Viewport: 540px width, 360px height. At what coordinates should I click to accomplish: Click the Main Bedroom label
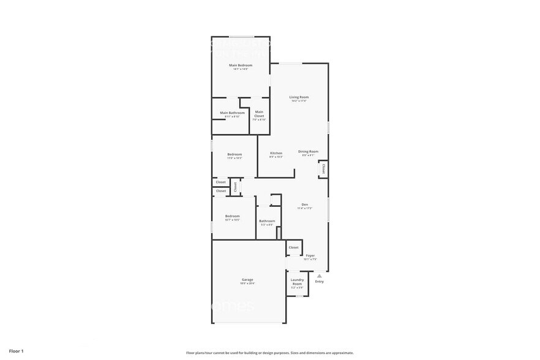[241, 65]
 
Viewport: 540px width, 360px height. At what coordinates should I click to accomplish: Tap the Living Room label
[299, 97]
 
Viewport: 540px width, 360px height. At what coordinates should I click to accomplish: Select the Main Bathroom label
[232, 113]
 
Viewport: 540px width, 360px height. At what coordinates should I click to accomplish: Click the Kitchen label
[276, 152]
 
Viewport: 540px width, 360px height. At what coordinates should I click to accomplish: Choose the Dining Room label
[308, 151]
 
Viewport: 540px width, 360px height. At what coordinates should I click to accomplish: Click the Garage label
[247, 280]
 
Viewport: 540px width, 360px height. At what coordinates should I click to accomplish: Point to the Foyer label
[310, 255]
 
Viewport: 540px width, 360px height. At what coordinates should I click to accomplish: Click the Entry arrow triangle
[319, 276]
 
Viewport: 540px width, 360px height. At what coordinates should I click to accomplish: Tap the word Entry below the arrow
[319, 282]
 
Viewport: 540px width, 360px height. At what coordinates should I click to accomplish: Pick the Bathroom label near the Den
[267, 221]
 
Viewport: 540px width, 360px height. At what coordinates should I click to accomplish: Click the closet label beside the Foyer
[293, 247]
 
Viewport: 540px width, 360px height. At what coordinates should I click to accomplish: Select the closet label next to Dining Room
[323, 168]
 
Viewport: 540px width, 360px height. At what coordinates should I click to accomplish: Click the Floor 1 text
[16, 351]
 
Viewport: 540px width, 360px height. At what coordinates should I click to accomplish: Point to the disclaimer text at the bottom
[269, 353]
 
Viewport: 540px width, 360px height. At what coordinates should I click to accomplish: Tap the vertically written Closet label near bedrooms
[235, 187]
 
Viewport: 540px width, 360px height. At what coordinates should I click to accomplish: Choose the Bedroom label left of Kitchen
[234, 154]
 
